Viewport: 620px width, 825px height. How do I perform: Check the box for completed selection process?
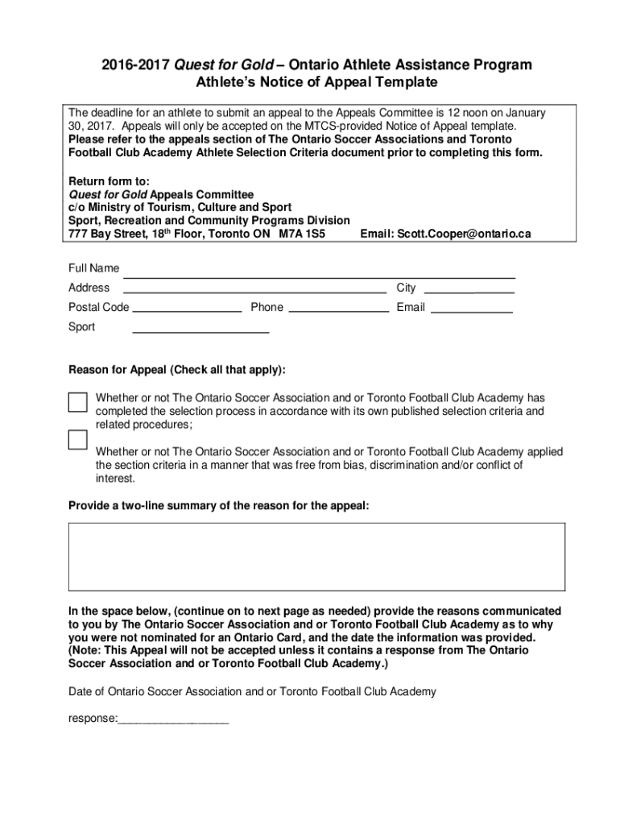(x=77, y=402)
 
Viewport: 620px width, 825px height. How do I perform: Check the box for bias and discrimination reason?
(x=77, y=440)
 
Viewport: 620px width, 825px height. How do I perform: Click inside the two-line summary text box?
(x=316, y=557)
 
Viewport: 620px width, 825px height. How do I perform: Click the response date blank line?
(x=173, y=719)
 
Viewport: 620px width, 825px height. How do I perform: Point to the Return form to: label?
(x=109, y=181)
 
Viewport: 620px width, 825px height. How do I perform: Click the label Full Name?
(x=93, y=268)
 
